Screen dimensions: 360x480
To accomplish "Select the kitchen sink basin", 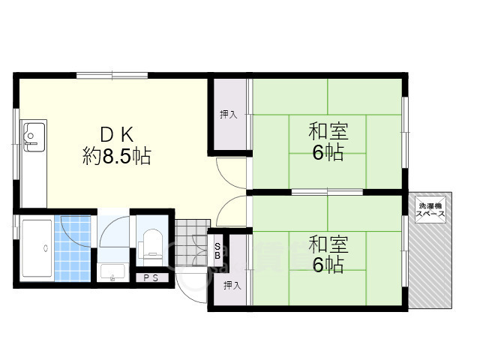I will click(33, 137).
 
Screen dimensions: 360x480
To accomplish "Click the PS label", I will click(151, 279).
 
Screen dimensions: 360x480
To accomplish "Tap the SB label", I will click(217, 250).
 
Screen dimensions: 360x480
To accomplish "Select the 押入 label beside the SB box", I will click(232, 286).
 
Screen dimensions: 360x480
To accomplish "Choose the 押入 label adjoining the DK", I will click(228, 114).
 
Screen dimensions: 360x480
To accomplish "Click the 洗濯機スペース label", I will click(430, 210).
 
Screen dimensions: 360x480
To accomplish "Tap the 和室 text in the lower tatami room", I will click(328, 244).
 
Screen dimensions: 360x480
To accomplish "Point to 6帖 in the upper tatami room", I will click(328, 154).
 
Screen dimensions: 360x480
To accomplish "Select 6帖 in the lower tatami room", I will click(328, 265).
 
